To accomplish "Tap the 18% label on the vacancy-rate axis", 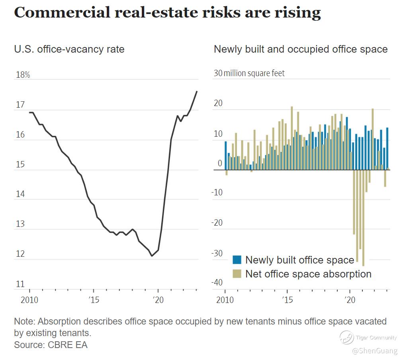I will [x=22, y=75].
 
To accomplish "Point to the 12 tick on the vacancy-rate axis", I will [x=20, y=254].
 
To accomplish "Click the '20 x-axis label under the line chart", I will [x=158, y=299].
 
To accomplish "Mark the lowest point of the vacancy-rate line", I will [x=151, y=256].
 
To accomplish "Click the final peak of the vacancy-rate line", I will [x=197, y=91].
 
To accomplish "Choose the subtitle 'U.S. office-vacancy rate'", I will [x=69, y=49].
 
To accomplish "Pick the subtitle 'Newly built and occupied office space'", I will [x=301, y=49].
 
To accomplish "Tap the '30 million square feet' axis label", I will [x=249, y=73].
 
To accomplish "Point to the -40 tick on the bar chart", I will [x=217, y=283].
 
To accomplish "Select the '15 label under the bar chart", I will [x=287, y=299].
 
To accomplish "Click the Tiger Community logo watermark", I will [x=346, y=338].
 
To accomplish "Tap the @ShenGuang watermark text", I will [x=374, y=351].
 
